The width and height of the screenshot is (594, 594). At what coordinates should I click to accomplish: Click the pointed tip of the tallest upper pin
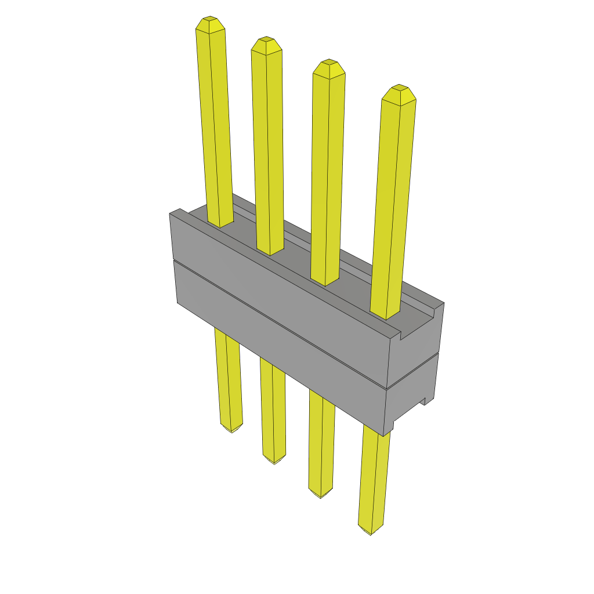(x=210, y=19)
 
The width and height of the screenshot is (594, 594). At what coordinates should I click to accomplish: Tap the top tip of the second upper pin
(x=266, y=39)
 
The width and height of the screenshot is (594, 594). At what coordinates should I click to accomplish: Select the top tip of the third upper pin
(x=329, y=61)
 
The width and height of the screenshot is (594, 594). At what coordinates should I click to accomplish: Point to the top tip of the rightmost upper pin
(x=399, y=87)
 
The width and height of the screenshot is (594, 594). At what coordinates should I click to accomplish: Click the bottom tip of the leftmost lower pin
(x=231, y=431)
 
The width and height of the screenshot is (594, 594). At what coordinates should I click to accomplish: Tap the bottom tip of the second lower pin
(x=274, y=462)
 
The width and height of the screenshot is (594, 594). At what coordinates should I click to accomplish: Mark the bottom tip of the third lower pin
(x=320, y=496)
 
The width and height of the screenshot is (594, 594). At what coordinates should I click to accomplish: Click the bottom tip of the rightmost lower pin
(x=370, y=533)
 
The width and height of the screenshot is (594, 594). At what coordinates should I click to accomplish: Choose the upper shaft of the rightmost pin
(x=394, y=203)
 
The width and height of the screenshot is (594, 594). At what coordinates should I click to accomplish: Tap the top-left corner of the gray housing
(x=170, y=214)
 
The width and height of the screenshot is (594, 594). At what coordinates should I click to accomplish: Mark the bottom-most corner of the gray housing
(x=383, y=435)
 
